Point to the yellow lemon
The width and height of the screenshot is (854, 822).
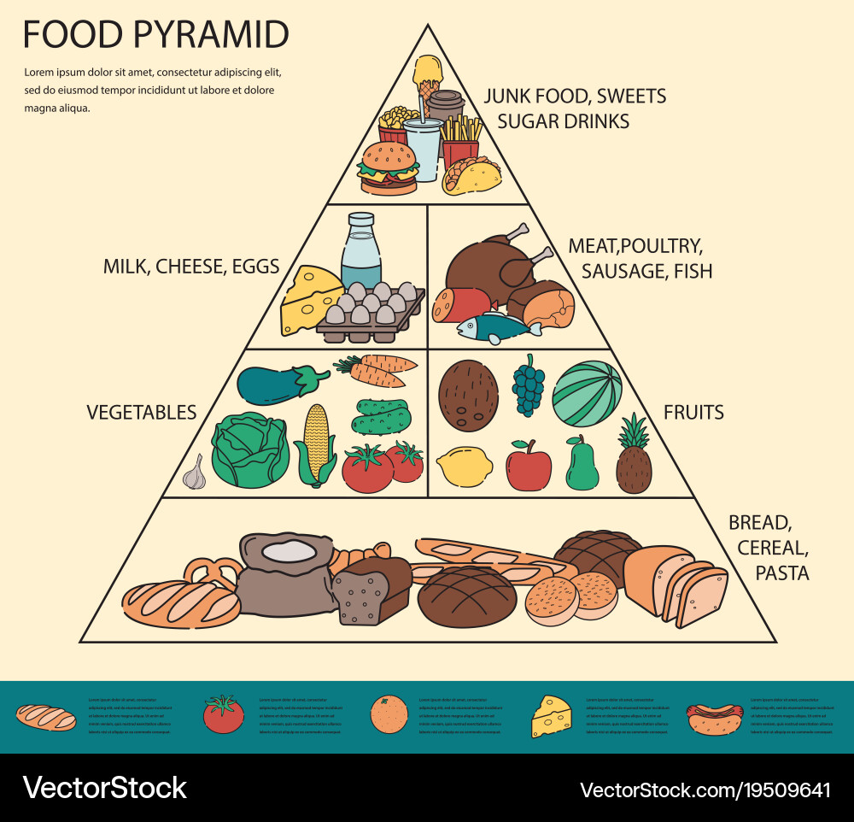point(464,467)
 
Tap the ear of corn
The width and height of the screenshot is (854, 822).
point(315,444)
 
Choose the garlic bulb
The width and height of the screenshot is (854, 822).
point(196,473)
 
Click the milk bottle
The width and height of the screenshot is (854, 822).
point(361,252)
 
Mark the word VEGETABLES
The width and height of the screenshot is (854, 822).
point(141,413)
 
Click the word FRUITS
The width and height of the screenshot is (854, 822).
point(693,413)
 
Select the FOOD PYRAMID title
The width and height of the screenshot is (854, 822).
point(155,35)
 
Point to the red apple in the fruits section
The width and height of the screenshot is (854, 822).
point(528,467)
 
